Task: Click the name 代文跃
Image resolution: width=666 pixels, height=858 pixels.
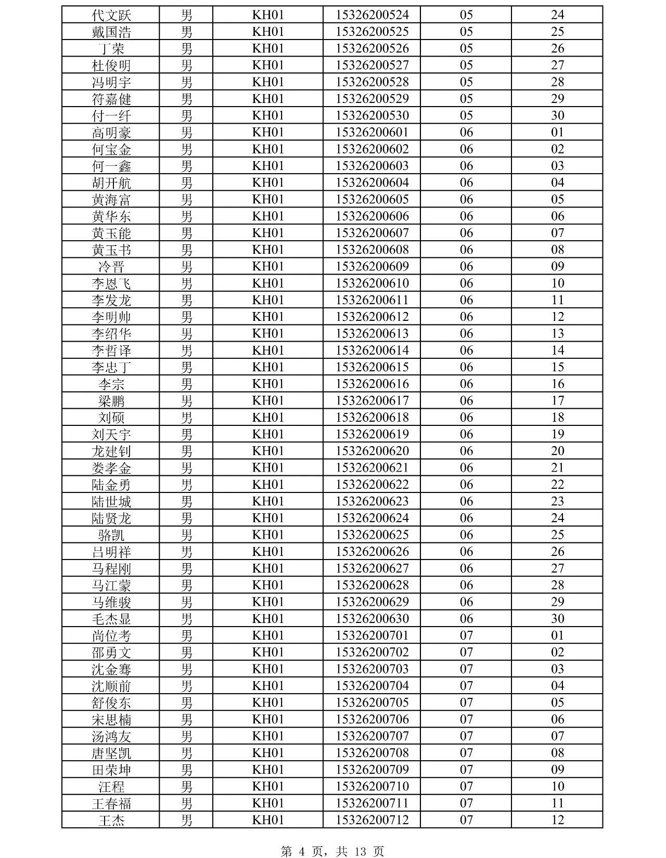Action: pos(111,15)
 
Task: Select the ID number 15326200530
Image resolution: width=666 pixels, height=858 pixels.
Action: pos(372,115)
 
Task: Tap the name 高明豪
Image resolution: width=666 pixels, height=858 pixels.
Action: pos(111,133)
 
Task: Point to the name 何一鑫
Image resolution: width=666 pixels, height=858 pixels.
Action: pos(111,166)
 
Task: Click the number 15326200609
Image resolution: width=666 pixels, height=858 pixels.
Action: pos(372,266)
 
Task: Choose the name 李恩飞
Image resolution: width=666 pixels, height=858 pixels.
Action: pos(111,283)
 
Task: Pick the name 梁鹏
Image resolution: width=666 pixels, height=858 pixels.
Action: pos(111,401)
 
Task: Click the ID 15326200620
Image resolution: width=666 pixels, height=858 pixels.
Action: pos(372,451)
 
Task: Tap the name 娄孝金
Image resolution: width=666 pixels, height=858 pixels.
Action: pos(111,468)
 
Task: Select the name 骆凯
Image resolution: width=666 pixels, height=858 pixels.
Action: pos(111,535)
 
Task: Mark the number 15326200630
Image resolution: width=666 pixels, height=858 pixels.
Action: pos(372,619)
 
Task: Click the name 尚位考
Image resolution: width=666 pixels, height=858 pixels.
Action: pos(111,636)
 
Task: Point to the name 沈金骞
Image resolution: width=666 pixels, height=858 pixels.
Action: pos(111,669)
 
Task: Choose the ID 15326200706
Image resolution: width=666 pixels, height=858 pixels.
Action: pos(372,719)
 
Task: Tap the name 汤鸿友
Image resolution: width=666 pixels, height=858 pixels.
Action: pos(111,736)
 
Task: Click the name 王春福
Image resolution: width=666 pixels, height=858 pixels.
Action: pos(111,803)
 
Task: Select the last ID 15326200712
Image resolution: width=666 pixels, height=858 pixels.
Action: pos(372,820)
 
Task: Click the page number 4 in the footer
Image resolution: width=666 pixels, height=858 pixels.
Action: pos(301,851)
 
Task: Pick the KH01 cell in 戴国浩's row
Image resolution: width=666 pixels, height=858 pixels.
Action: pos(268,32)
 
